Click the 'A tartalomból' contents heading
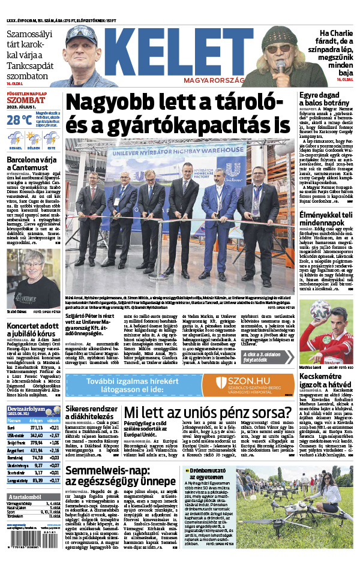29,497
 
